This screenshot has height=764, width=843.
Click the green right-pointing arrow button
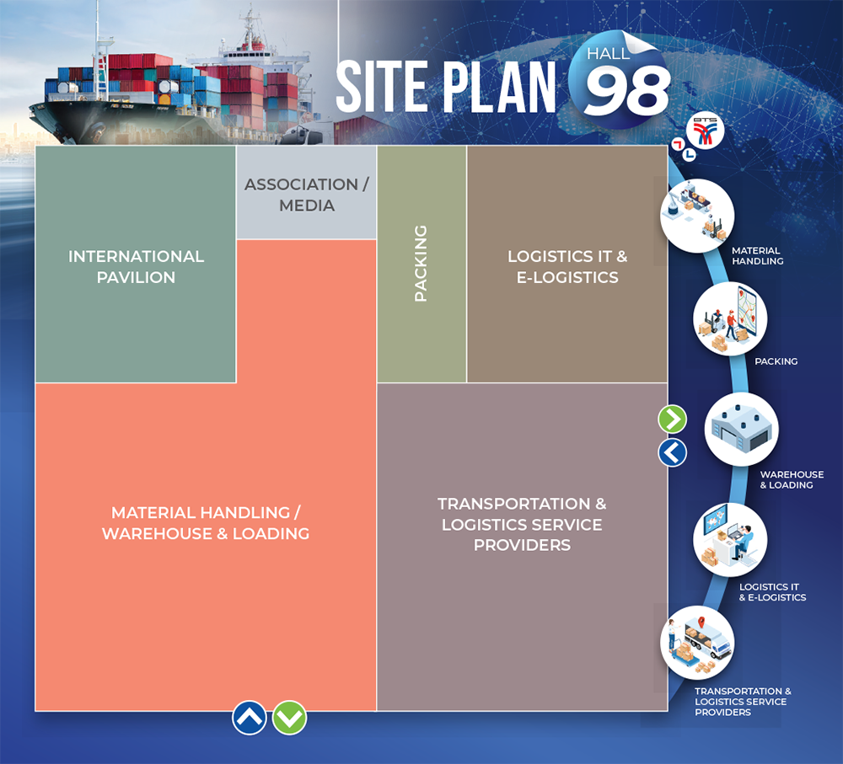pyautogui.click(x=673, y=419)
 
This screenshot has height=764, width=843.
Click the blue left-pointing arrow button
pyautogui.click(x=673, y=452)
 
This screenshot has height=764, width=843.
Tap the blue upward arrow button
pyautogui.click(x=250, y=718)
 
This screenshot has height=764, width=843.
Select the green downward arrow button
pyautogui.click(x=289, y=718)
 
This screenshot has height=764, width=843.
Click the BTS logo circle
pyautogui.click(x=706, y=131)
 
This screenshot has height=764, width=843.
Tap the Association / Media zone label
pyautogui.click(x=307, y=195)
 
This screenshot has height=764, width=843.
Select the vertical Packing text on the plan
pyautogui.click(x=421, y=264)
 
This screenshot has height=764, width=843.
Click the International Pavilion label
pyautogui.click(x=136, y=266)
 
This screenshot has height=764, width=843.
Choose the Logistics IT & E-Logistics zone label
pyautogui.click(x=567, y=266)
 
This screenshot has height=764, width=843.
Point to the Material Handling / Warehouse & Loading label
pyautogui.click(x=206, y=523)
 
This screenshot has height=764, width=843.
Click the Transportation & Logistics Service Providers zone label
pyautogui.click(x=522, y=525)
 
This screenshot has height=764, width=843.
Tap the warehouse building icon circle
pyautogui.click(x=741, y=430)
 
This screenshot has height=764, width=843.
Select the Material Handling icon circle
pyautogui.click(x=697, y=216)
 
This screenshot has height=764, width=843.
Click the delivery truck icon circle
pyautogui.click(x=697, y=643)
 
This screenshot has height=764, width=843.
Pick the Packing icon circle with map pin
pyautogui.click(x=730, y=318)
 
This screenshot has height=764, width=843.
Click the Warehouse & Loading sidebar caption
pyautogui.click(x=792, y=480)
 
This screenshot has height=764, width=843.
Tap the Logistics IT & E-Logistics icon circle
pyautogui.click(x=730, y=539)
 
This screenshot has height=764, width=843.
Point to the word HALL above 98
pyautogui.click(x=608, y=54)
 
